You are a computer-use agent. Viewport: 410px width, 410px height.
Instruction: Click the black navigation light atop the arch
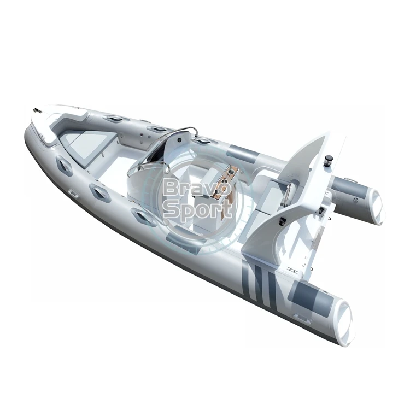[x=327, y=160]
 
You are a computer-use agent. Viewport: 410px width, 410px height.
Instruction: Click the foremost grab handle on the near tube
[x=63, y=165]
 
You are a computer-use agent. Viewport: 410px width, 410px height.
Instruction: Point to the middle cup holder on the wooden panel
[x=223, y=181]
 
